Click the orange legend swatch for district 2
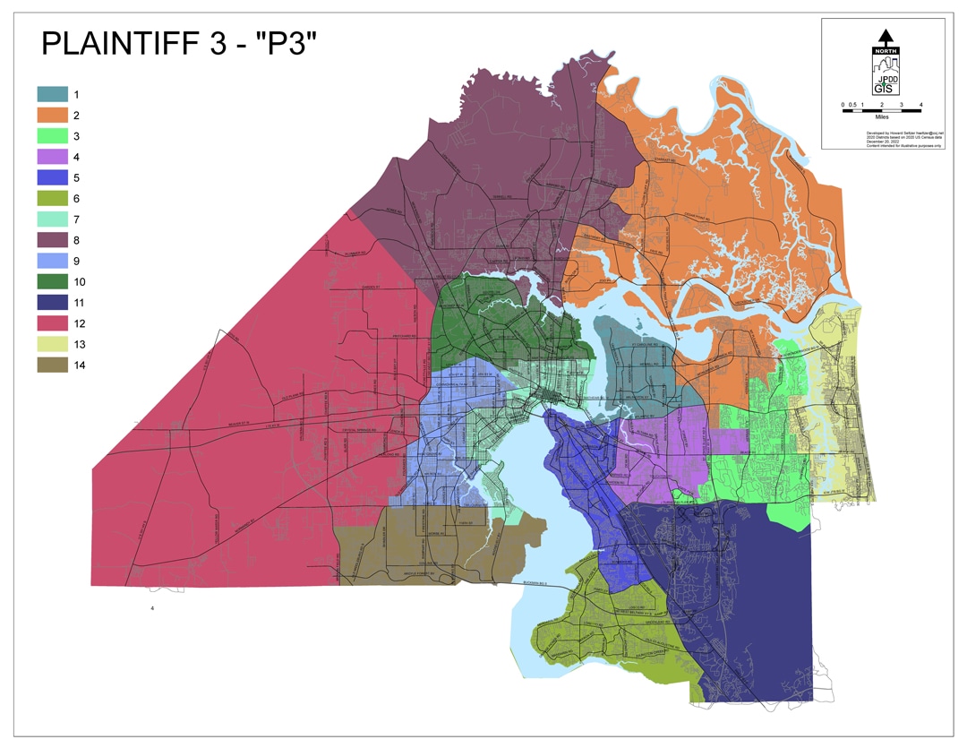coord(52,115)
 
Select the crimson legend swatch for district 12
coord(52,323)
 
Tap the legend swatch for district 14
coord(52,365)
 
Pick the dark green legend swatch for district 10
coord(52,281)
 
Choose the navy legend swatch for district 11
coord(52,303)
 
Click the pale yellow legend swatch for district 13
coord(52,344)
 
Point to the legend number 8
coord(77,240)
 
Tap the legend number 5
coord(77,177)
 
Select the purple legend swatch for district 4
coord(52,157)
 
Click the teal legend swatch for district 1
coord(52,94)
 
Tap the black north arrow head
coord(885,37)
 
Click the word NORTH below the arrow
coord(885,51)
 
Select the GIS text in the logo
coord(883,88)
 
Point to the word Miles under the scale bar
coord(882,116)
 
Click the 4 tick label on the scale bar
coord(920,105)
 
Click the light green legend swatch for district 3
coord(52,135)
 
